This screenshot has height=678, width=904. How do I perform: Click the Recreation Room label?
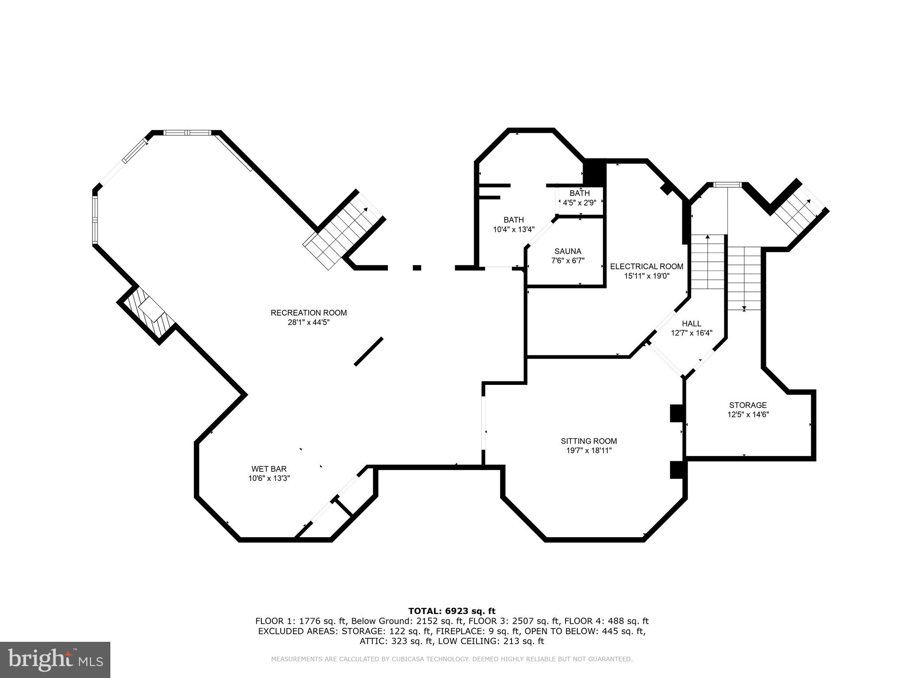coord(309,313)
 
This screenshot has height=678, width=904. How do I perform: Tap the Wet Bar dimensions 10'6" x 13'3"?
coord(269,478)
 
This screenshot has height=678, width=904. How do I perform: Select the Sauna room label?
coord(568,251)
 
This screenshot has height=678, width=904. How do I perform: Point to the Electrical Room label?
coord(647,266)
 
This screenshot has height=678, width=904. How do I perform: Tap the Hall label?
coord(691,324)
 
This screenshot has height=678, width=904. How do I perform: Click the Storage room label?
coord(748,405)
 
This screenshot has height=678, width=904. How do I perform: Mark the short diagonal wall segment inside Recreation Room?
coord(369,351)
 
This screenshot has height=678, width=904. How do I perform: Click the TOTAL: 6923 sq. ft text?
coord(452,611)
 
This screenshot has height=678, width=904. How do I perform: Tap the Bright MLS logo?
coord(55,659)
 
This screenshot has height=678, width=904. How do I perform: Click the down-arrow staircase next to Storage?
coord(744,278)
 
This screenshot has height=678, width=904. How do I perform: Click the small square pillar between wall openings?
coord(417,267)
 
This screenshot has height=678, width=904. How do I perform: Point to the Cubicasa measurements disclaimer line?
coord(452,659)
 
